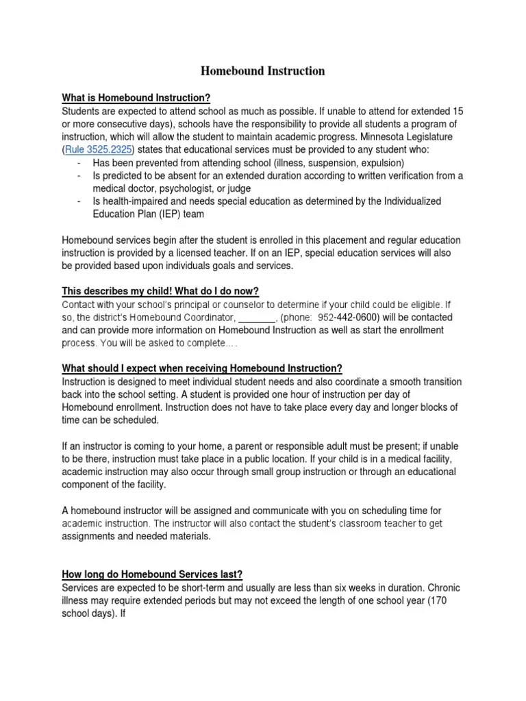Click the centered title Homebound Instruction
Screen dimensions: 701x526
(262, 71)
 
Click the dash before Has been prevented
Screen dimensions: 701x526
(80, 163)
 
